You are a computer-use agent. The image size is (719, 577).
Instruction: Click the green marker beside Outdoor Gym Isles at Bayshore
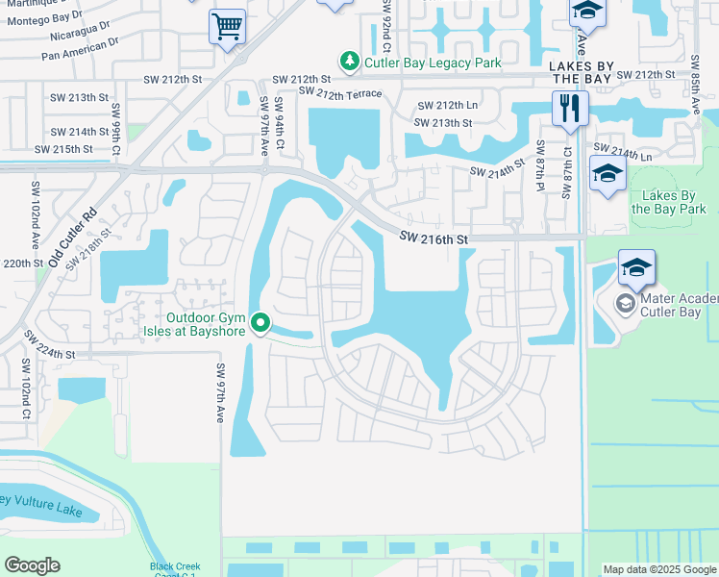click(x=259, y=324)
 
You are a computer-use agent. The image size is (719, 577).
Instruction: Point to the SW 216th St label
click(x=434, y=238)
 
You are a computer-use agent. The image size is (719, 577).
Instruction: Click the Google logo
click(x=33, y=564)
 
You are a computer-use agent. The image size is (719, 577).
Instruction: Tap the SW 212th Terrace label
click(x=340, y=92)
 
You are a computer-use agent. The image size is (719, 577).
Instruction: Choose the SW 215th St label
click(x=63, y=149)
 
